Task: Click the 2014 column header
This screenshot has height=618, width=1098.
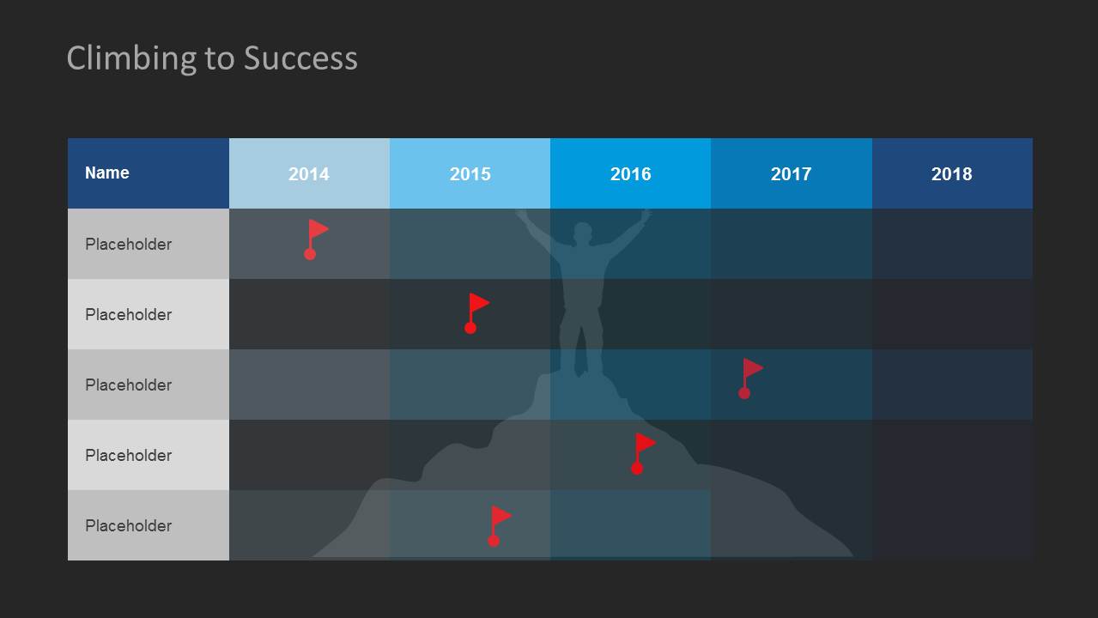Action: (309, 173)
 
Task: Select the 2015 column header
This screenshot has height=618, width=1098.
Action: (470, 173)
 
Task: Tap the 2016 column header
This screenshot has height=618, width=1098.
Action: (630, 173)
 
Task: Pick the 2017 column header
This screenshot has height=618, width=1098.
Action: (791, 173)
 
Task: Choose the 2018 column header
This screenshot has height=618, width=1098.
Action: (951, 173)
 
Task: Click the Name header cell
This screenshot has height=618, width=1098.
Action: (107, 173)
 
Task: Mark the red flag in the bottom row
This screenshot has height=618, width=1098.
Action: (499, 525)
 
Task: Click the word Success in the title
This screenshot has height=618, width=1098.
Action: (300, 58)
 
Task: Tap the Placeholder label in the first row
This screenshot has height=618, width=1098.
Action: (128, 245)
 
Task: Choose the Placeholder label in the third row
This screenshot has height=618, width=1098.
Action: (128, 385)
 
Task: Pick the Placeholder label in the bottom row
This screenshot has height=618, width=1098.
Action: (128, 526)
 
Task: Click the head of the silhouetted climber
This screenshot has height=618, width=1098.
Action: (583, 233)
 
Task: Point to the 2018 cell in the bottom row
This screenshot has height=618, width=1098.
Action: (952, 525)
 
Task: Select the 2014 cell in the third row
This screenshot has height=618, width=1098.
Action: (309, 385)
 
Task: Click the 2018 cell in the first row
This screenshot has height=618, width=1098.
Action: (952, 244)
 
